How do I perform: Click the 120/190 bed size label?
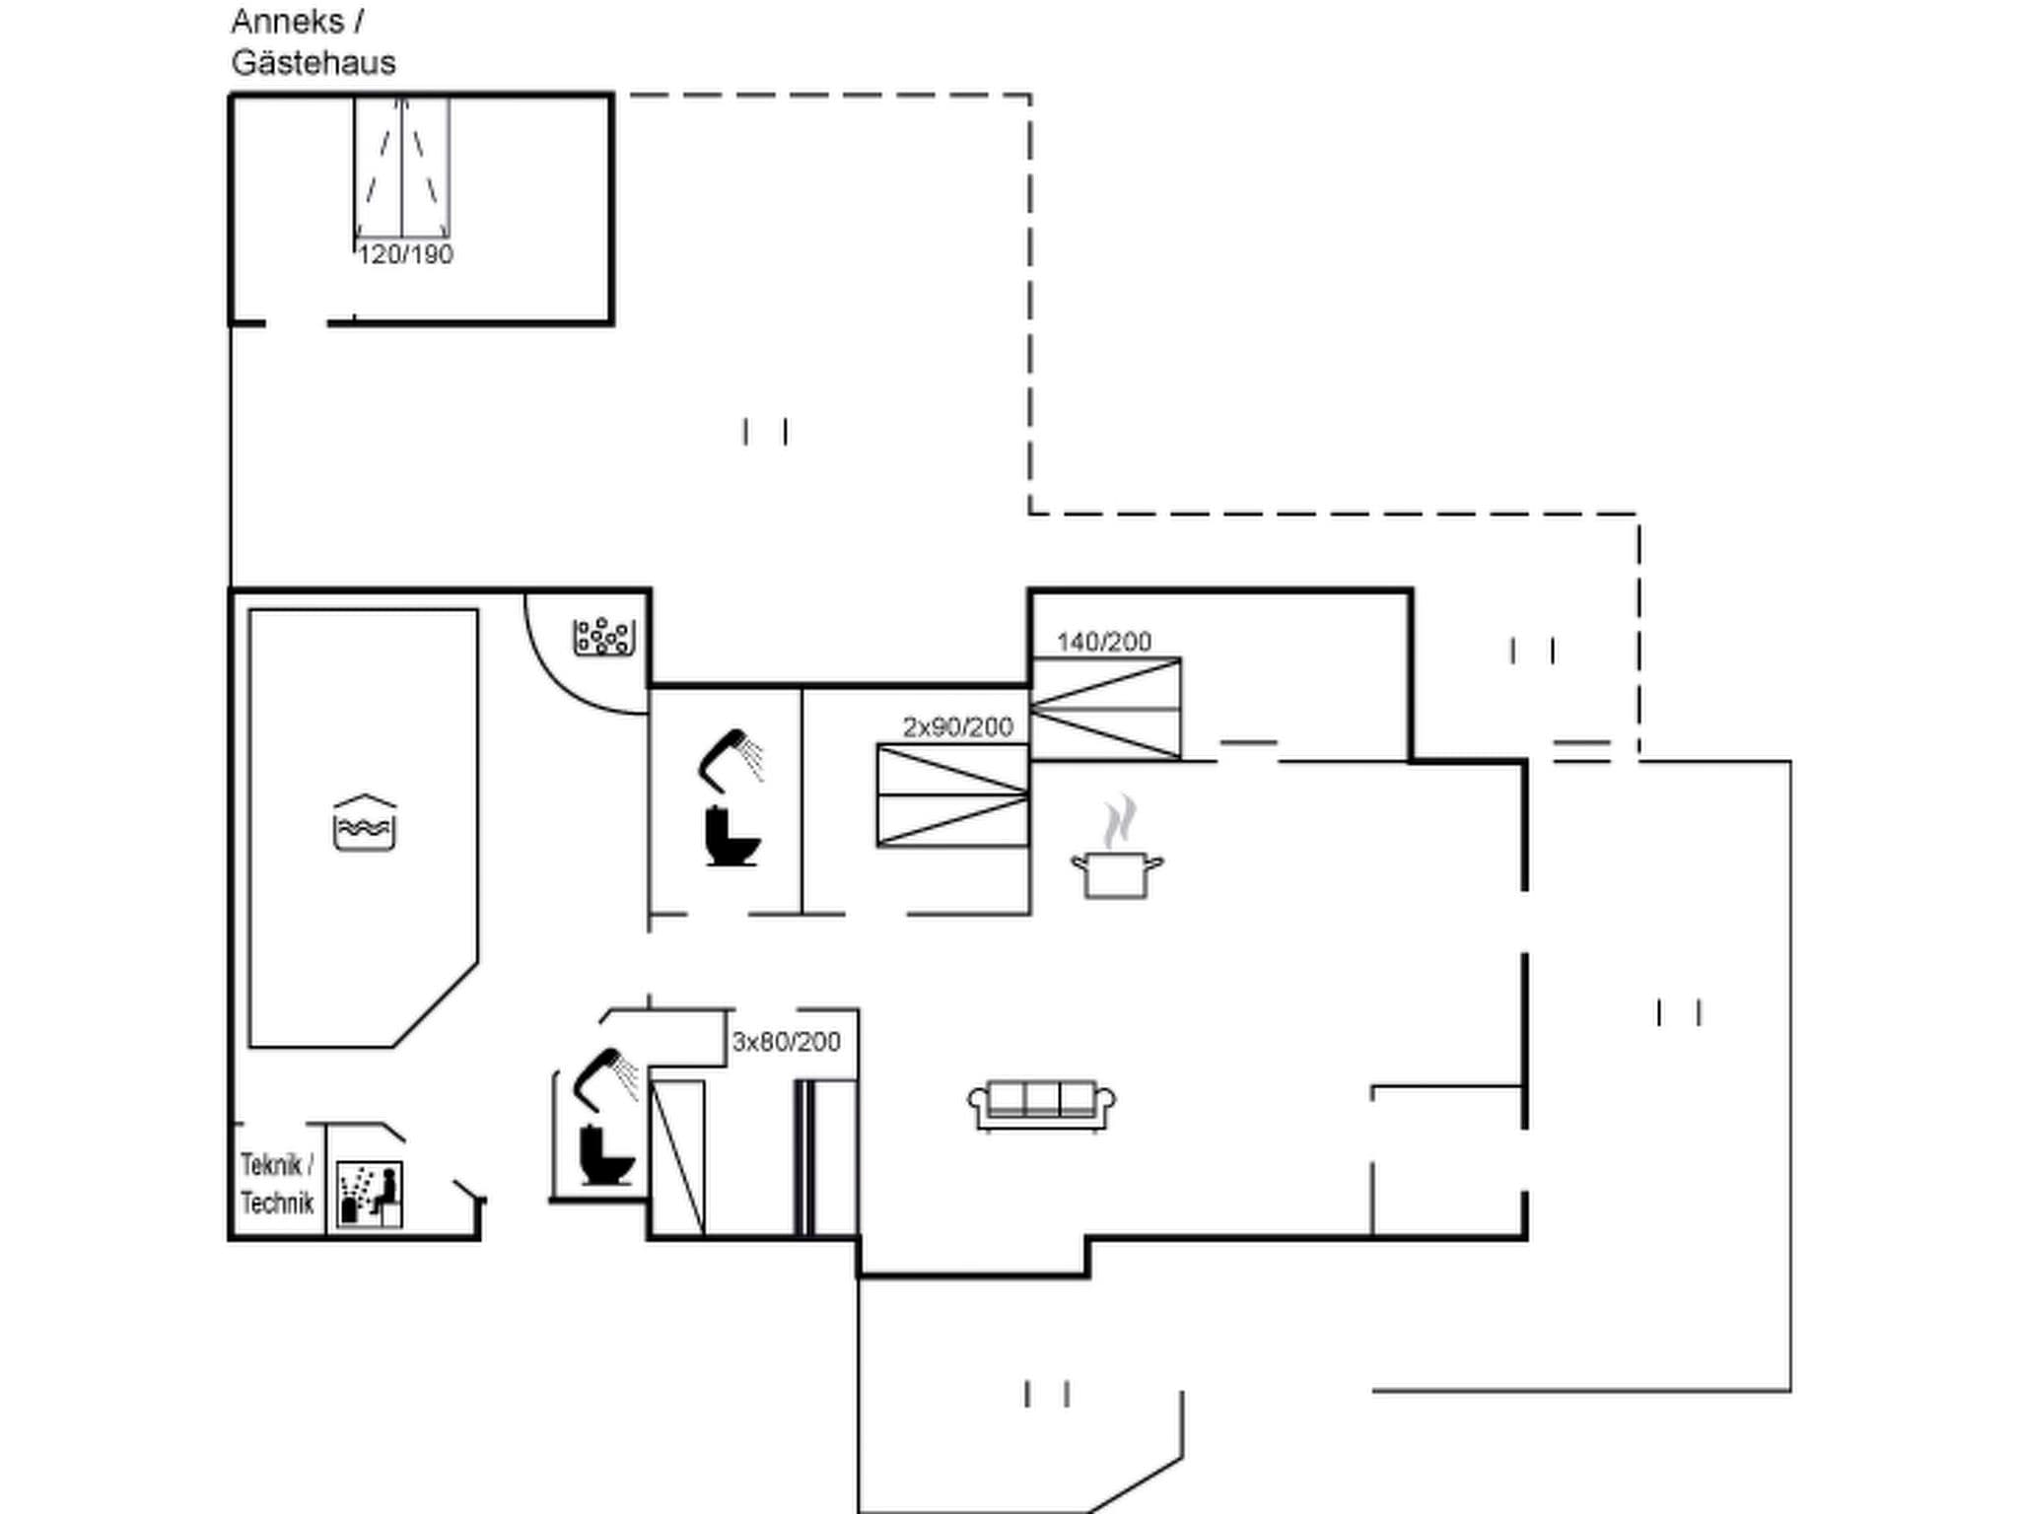405,255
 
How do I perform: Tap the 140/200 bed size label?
1103,643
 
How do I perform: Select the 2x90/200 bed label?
957,727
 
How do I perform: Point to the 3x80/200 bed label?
786,1042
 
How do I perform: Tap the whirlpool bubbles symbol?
604,637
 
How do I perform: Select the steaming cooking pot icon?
1117,853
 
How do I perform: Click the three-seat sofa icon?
1042,1104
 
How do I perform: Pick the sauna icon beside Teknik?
370,1195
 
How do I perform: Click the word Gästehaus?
313,63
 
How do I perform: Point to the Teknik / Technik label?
277,1184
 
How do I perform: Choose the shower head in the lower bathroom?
604,1074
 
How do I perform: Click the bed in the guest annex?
402,168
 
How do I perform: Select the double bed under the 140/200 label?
1105,709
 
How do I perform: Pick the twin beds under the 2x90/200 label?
952,795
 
